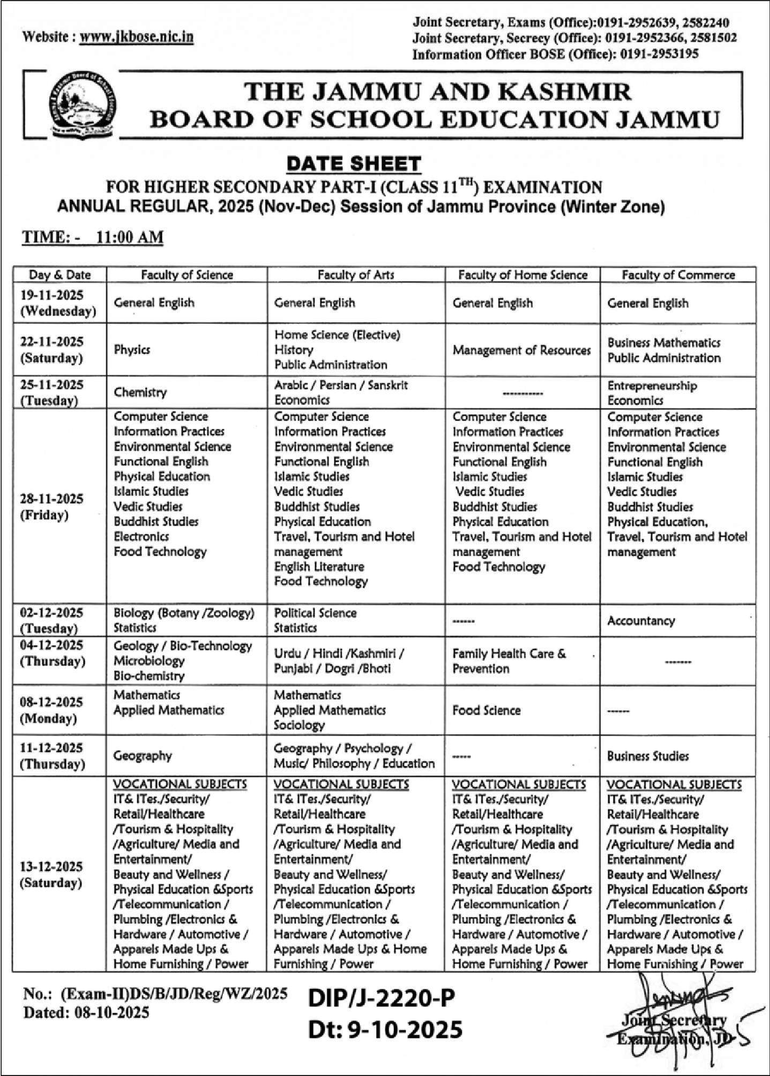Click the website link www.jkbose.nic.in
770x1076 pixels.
click(x=136, y=36)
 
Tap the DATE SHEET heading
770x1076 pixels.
click(x=354, y=163)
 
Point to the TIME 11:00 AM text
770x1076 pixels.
click(x=92, y=237)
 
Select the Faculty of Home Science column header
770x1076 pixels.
click(x=522, y=275)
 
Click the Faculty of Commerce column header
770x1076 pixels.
click(x=678, y=275)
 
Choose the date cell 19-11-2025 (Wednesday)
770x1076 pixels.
click(x=58, y=303)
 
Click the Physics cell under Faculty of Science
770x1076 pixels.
click(x=132, y=350)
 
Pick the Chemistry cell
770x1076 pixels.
click(x=140, y=392)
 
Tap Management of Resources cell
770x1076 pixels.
click(x=521, y=350)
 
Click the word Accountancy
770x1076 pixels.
click(x=641, y=621)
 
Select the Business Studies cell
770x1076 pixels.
click(x=647, y=756)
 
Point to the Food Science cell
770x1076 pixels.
click(x=486, y=711)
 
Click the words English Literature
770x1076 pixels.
click(x=319, y=566)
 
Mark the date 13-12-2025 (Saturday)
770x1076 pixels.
click(x=51, y=875)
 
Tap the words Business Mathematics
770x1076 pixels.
click(x=663, y=343)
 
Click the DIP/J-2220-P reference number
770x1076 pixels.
click(x=381, y=997)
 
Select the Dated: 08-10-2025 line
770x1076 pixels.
click(x=86, y=1012)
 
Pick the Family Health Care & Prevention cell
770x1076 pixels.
click(x=509, y=661)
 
